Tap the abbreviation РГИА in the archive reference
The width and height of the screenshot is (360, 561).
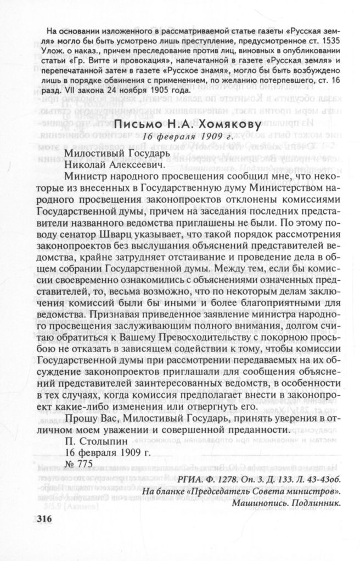(x=190, y=480)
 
